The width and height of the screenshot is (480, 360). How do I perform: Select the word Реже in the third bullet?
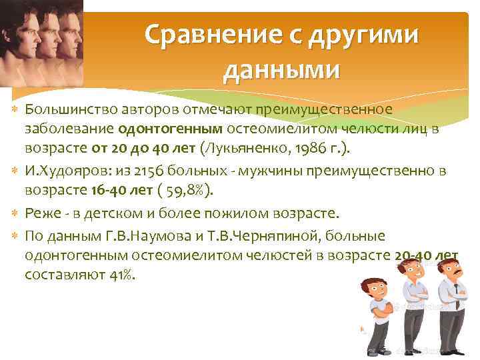[x=41, y=213]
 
